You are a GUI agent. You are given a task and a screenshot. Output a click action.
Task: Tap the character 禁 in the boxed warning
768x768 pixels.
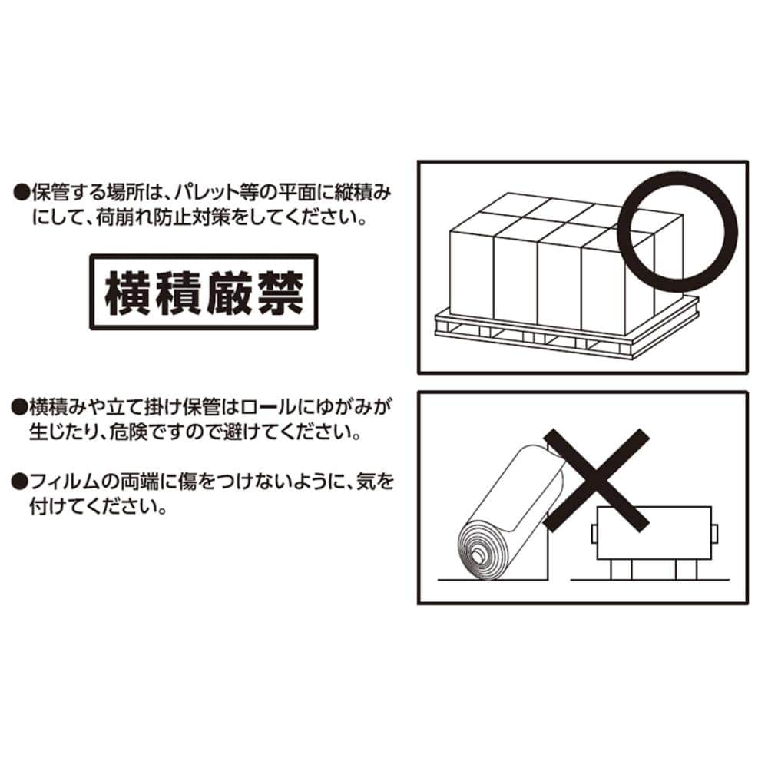point(280,293)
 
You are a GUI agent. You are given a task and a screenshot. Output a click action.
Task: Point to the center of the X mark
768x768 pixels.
point(597,480)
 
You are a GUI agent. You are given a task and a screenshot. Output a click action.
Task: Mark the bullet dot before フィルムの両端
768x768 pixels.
point(20,482)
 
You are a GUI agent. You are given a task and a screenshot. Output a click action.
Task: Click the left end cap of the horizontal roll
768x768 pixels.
point(594,535)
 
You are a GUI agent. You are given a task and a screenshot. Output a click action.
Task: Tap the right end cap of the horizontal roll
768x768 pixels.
point(714,535)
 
